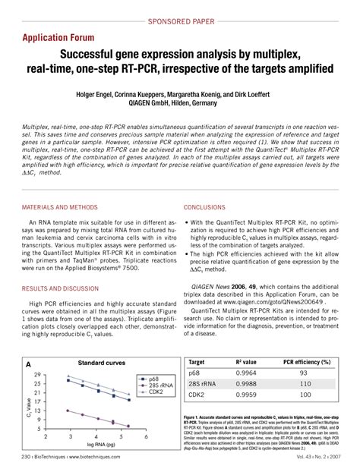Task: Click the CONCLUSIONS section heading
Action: click(x=208, y=207)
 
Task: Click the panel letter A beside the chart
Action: click(x=28, y=365)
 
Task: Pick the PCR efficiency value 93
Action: click(x=303, y=373)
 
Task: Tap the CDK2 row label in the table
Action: click(x=197, y=395)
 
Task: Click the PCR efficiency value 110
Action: click(x=304, y=384)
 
